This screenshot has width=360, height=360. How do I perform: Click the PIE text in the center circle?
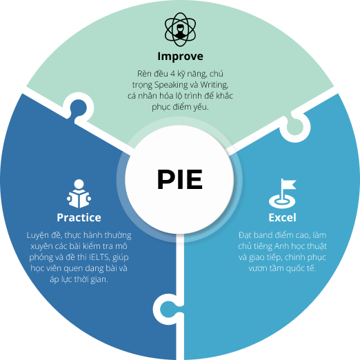pyautogui.click(x=179, y=179)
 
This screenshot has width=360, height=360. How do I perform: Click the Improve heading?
pyautogui.click(x=180, y=56)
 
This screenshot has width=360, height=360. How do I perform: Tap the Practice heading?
pyautogui.click(x=79, y=217)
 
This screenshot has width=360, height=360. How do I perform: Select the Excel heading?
pyautogui.click(x=282, y=217)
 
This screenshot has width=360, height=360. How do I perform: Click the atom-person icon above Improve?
pyautogui.click(x=180, y=28)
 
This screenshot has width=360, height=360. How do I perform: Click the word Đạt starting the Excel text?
pyautogui.click(x=246, y=235)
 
